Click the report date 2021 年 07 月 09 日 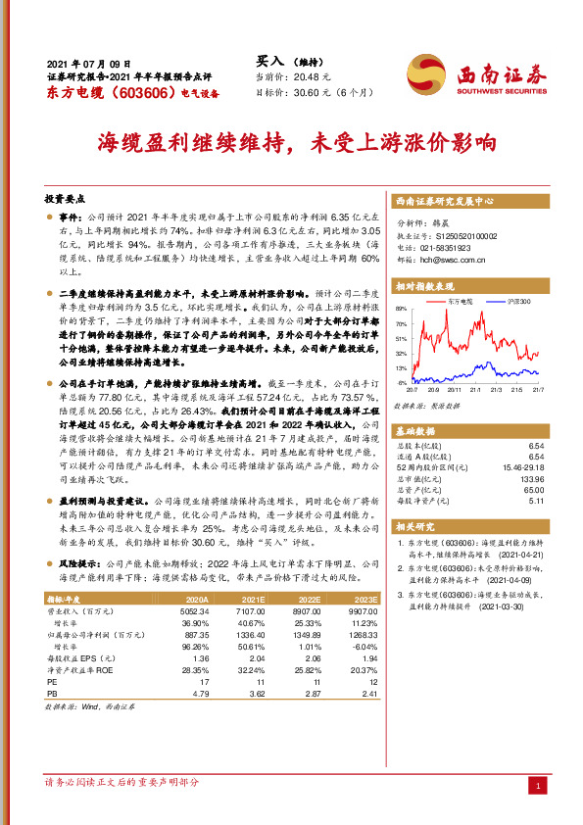[x=88, y=62]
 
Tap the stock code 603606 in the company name [x=132, y=92]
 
